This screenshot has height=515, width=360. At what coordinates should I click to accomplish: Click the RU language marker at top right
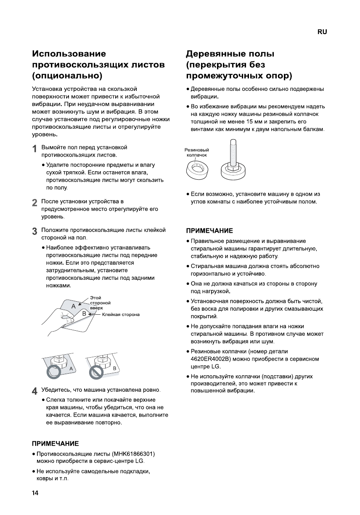click(x=322, y=32)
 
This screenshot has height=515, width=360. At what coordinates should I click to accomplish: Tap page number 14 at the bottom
click(x=35, y=493)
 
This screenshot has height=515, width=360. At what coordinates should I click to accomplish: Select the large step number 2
click(x=35, y=203)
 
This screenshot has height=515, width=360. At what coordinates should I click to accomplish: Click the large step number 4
click(x=35, y=390)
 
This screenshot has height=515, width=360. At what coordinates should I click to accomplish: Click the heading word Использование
click(x=69, y=54)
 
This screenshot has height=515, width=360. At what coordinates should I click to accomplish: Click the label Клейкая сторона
click(x=121, y=314)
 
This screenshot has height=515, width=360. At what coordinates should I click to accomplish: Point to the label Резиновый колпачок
click(x=197, y=152)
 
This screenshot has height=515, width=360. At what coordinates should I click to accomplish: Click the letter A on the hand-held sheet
click(x=74, y=306)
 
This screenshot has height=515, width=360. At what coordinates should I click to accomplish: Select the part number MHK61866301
click(x=133, y=454)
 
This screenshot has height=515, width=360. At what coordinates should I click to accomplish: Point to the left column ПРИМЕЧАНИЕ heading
click(x=56, y=444)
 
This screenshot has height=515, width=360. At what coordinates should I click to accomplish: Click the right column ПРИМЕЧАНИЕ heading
click(x=209, y=231)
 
